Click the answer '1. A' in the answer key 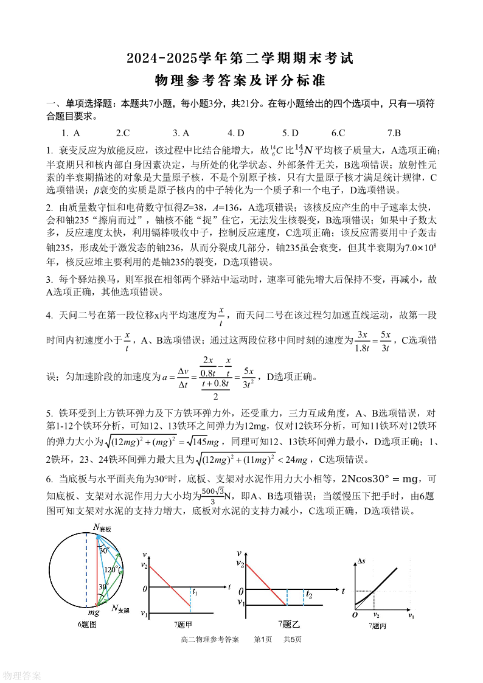pyautogui.click(x=71, y=133)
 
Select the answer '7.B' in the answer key pyautogui.click(x=394, y=133)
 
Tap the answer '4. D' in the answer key pyautogui.click(x=236, y=133)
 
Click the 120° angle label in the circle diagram pyautogui.click(x=112, y=570)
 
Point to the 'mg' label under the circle pyautogui.click(x=93, y=612)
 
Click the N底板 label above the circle pyautogui.click(x=102, y=528)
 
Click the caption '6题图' pyautogui.click(x=87, y=624)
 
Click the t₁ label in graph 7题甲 pyautogui.click(x=195, y=591)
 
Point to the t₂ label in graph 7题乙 pyautogui.click(x=309, y=594)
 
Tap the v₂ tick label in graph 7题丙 pyautogui.click(x=376, y=615)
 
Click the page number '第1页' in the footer pyautogui.click(x=264, y=639)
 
